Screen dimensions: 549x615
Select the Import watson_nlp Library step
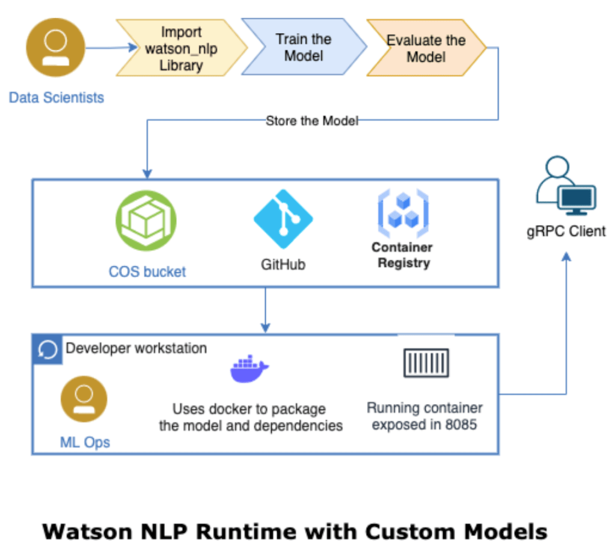coord(180,49)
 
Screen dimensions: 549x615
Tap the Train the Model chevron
coord(304,48)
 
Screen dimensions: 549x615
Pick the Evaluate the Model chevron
coord(426,49)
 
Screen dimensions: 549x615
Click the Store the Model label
coord(311,121)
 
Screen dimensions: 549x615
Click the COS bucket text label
coord(147,271)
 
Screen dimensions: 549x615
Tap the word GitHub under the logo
coord(283,264)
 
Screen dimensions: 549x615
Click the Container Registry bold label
coord(402,255)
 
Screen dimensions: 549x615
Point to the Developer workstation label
coord(136,348)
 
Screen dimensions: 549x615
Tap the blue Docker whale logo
coord(249,369)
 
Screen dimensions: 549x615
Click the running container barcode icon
coord(426,363)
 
